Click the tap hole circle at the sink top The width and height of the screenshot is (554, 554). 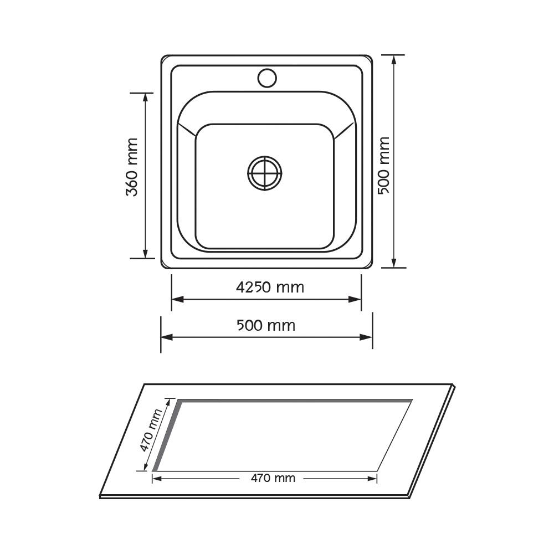pos(267,78)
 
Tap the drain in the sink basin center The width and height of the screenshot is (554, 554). pos(265,173)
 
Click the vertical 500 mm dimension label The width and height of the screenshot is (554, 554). pos(383,165)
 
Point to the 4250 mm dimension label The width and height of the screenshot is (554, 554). pos(270,288)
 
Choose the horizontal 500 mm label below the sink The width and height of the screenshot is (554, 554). pos(266,325)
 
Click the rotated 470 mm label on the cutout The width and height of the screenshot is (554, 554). pos(150,430)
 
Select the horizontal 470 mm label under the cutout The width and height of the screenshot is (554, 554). pos(273,478)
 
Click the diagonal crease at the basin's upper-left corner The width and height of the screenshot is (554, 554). pos(187,130)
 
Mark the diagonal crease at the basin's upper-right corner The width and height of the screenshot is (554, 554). pos(344,130)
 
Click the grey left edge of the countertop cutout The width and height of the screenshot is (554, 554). pos(167,435)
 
